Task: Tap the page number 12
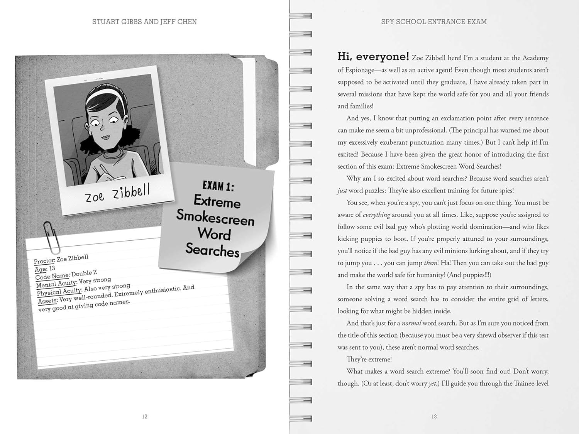pyautogui.click(x=145, y=417)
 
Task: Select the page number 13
pyautogui.click(x=434, y=417)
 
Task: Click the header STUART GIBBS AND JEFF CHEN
pyautogui.click(x=144, y=22)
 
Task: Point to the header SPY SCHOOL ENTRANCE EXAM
pyautogui.click(x=434, y=22)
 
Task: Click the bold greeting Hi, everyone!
pyautogui.click(x=373, y=57)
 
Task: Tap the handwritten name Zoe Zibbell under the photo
pyautogui.click(x=117, y=193)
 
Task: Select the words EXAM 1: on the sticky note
pyautogui.click(x=218, y=186)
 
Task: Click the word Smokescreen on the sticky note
pyautogui.click(x=215, y=218)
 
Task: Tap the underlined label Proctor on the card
pyautogui.click(x=44, y=261)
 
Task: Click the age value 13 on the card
pyautogui.click(x=52, y=268)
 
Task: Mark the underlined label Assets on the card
pyautogui.click(x=48, y=301)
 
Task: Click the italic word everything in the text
pyautogui.click(x=376, y=215)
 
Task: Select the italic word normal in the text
pyautogui.click(x=411, y=323)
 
